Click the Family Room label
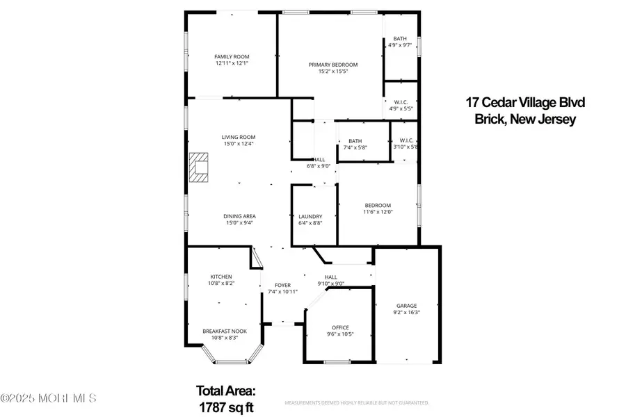click(232, 57)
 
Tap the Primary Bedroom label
click(328, 65)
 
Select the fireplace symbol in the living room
click(200, 167)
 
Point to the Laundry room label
click(310, 216)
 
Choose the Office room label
click(340, 327)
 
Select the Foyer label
click(282, 285)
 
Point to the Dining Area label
click(239, 216)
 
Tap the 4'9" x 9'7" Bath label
click(399, 44)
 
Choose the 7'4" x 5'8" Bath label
click(355, 147)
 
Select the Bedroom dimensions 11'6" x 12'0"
click(378, 211)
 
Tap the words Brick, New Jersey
click(524, 120)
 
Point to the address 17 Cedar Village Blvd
click(525, 103)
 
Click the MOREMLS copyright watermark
click(49, 399)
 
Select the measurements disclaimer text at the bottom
click(357, 402)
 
